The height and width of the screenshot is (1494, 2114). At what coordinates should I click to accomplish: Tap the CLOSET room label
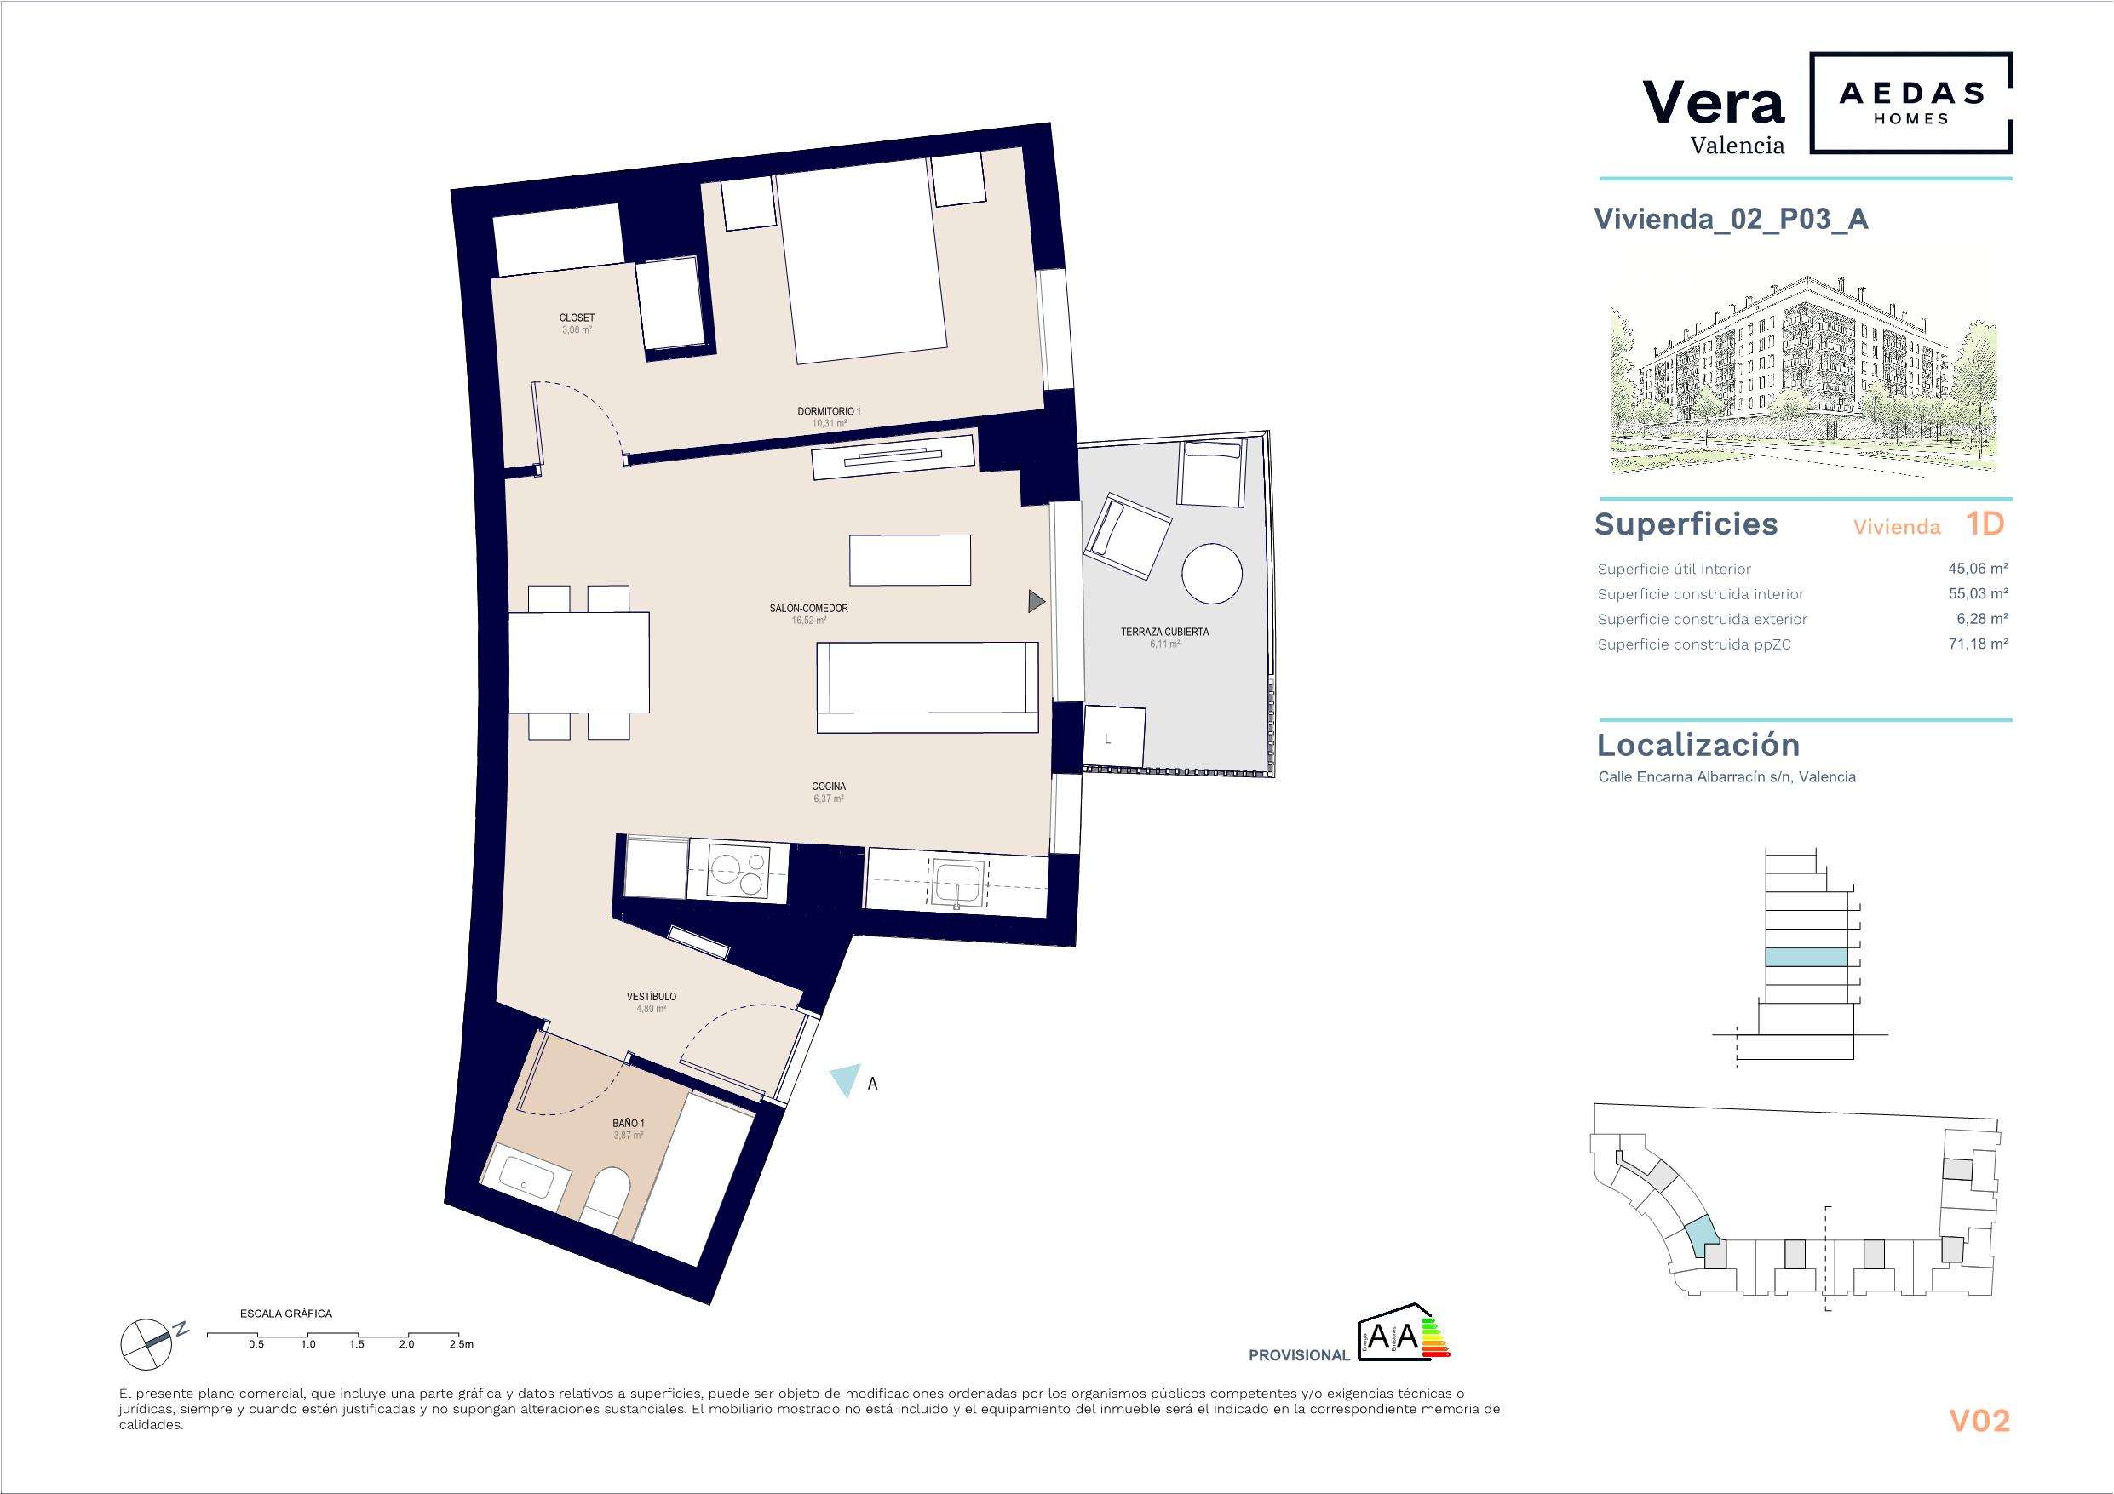pyautogui.click(x=577, y=318)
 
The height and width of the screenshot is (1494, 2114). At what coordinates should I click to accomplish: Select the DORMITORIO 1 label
pyautogui.click(x=829, y=411)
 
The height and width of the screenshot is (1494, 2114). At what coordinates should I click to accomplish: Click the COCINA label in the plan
pyautogui.click(x=829, y=787)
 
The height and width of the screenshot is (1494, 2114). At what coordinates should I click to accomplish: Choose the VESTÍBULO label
pyautogui.click(x=651, y=997)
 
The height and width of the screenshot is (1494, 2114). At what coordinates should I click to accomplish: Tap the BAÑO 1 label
pyautogui.click(x=628, y=1124)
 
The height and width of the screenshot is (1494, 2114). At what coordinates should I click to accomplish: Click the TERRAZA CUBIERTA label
pyautogui.click(x=1163, y=633)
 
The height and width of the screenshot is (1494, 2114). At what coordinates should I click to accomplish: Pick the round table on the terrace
pyautogui.click(x=1212, y=573)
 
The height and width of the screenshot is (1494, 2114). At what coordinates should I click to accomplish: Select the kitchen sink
pyautogui.click(x=957, y=881)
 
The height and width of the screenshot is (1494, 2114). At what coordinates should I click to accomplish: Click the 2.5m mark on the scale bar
pyautogui.click(x=461, y=1344)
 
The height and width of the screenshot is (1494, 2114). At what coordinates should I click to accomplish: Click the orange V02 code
pyautogui.click(x=1979, y=1420)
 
